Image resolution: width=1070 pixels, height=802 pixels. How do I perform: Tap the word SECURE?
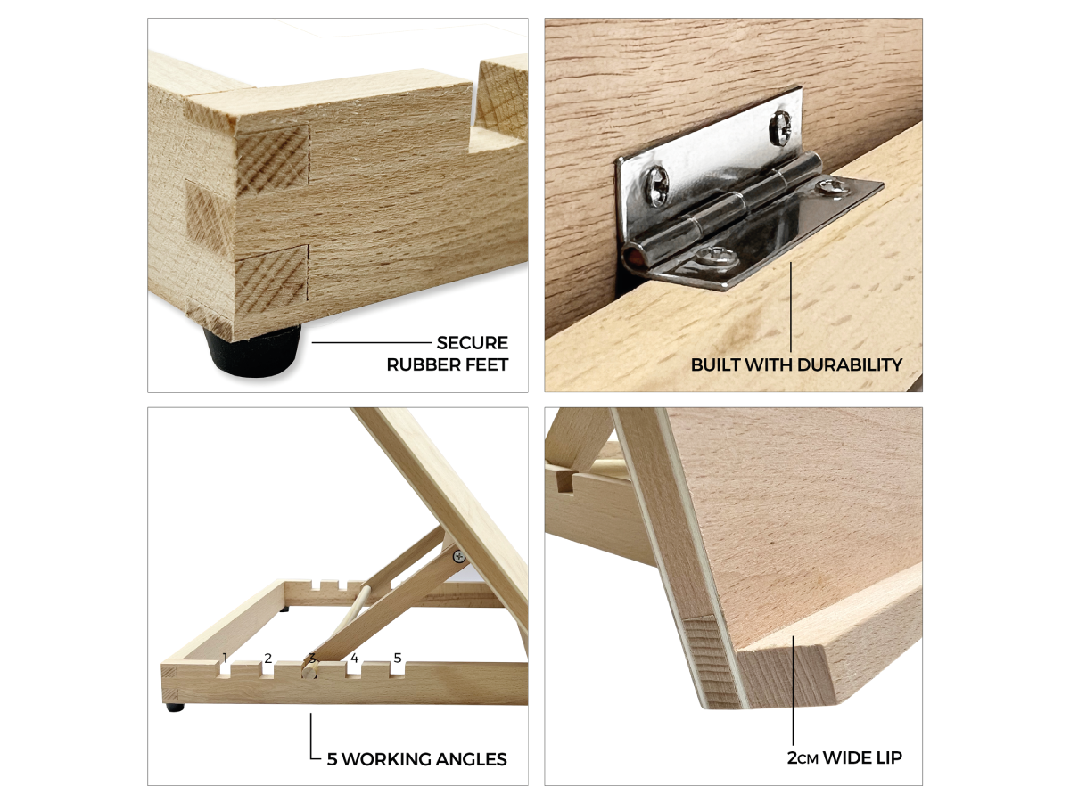472,343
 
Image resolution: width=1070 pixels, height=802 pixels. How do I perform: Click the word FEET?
483,364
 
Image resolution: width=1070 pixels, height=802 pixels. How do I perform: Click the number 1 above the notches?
225,659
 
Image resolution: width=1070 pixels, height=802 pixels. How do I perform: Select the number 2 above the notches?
267,659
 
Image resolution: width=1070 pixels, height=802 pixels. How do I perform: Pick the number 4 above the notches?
354,659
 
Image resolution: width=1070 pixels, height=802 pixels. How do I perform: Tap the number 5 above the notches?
398,659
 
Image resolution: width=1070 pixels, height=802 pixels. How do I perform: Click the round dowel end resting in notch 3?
309,672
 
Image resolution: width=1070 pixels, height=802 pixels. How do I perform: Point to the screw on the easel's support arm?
458,555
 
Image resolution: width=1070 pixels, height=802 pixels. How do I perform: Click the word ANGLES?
471,759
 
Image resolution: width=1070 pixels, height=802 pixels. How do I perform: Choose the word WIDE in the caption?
846,757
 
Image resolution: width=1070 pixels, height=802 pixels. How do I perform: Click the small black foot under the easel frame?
175,708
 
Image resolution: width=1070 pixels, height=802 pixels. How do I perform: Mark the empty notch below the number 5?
398,669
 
